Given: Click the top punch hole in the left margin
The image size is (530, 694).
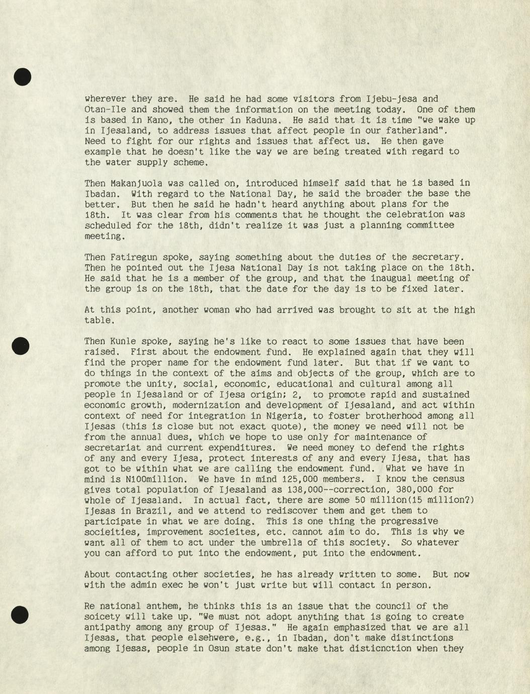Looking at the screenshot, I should (x=22, y=77).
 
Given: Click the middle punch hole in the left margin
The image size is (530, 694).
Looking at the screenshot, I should (x=21, y=346).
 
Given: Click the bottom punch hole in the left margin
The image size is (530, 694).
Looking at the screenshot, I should (x=20, y=615).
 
